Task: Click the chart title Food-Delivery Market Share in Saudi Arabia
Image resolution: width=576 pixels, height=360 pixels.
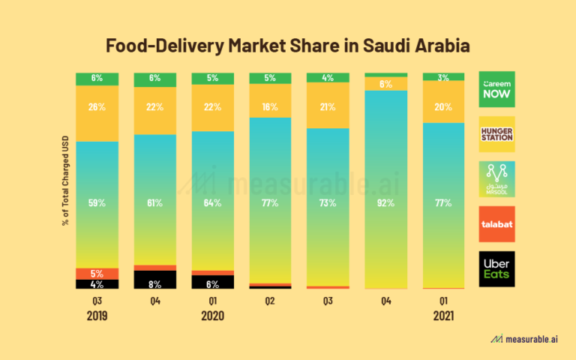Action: pos(288,46)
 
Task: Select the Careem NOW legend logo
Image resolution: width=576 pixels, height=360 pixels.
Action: pos(497,90)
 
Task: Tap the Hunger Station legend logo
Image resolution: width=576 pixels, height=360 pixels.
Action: pos(497,134)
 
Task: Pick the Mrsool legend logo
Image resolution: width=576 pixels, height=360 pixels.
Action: pos(497,178)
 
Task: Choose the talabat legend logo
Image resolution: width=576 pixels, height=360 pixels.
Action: pos(497,223)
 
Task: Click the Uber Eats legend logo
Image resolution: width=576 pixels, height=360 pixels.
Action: pos(497,268)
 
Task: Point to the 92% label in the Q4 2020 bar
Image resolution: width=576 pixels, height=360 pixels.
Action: pos(386,202)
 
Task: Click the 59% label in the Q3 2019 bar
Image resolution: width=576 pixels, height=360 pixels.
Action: pos(97,202)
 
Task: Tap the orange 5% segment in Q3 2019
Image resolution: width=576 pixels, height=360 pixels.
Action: pos(97,273)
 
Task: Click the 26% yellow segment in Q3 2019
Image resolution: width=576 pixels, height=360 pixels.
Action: pos(97,107)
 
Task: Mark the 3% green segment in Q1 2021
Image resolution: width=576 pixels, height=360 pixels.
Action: pos(444,76)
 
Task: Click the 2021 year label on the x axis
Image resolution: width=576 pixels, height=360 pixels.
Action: pos(444,316)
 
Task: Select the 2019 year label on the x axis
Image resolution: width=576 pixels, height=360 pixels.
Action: pos(97,316)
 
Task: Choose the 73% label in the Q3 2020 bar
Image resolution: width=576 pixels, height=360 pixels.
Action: pos(328,202)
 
